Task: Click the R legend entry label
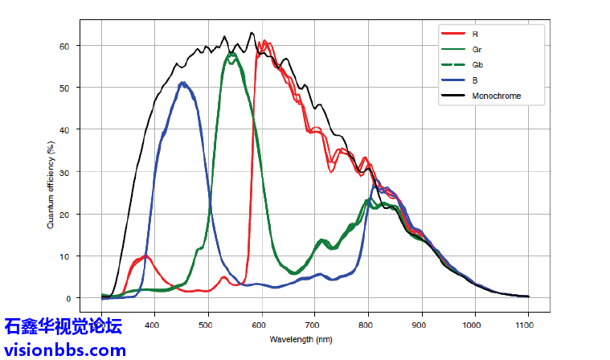[476, 35]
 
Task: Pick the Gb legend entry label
[477, 65]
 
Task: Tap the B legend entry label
[476, 80]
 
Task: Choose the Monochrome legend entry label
[497, 96]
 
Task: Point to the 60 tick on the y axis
[86, 46]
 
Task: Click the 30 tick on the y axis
[86, 172]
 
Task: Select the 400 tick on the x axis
[155, 324]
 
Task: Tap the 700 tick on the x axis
[315, 324]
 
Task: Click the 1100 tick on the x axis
[527, 324]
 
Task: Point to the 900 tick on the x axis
[421, 324]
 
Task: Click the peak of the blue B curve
[184, 83]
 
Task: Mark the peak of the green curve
[231, 55]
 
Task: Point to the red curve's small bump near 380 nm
[145, 256]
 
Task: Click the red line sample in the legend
[453, 35]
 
